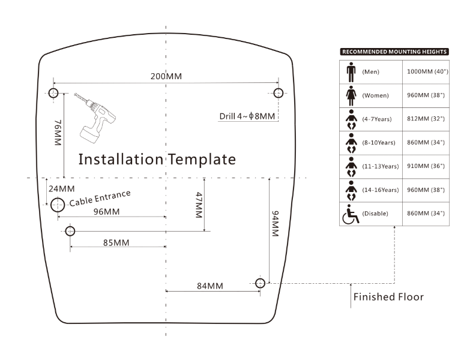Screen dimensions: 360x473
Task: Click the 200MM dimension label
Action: coord(166,76)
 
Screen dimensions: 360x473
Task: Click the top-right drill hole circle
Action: coord(278,92)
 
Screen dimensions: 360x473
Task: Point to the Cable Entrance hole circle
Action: coord(58,205)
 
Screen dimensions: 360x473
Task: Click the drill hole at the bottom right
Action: coord(260,283)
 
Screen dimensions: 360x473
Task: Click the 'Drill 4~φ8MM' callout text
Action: coord(247,116)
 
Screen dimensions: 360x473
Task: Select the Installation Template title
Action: coord(157,159)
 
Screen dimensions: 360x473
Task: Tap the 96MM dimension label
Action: coord(106,212)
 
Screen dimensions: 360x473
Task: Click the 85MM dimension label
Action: coord(116,242)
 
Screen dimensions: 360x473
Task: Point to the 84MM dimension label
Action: coord(209,286)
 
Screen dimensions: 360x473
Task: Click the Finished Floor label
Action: coord(388,297)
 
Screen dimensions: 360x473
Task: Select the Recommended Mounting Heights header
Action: coord(394,52)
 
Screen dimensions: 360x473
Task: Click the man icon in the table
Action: coord(351,71)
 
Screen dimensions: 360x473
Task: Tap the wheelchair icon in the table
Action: coord(350,214)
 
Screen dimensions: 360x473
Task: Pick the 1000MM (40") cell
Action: coord(427,71)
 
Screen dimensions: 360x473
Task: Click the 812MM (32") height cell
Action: coord(427,119)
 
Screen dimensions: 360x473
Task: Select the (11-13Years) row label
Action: coord(381,166)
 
